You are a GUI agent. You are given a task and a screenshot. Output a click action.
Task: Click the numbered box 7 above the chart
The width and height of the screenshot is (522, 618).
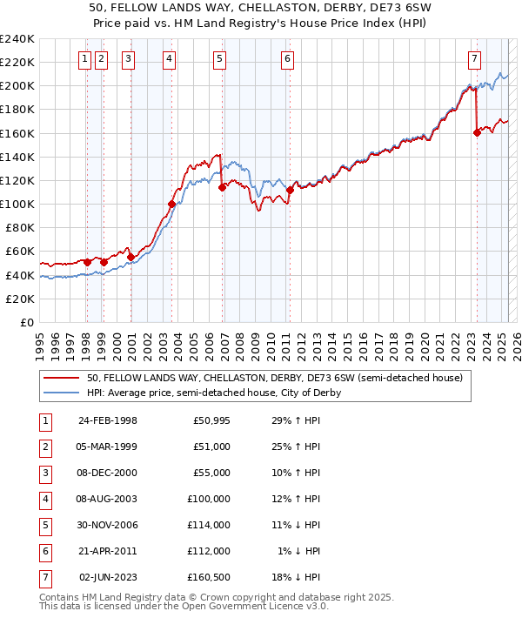click(x=474, y=59)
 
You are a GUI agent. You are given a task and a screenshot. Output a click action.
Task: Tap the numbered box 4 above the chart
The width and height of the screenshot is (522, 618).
click(x=168, y=59)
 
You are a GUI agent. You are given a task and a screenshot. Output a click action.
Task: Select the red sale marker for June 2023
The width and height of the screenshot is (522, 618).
click(x=477, y=132)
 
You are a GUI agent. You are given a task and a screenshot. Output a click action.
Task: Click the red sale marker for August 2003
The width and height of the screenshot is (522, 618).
click(x=171, y=204)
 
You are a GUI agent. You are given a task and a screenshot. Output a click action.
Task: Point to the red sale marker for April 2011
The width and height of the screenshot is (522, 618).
click(x=290, y=190)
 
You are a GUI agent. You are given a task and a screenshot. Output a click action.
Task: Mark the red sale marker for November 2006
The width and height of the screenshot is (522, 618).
click(x=223, y=187)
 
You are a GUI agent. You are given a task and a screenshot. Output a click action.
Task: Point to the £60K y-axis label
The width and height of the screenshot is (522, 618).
click(x=19, y=252)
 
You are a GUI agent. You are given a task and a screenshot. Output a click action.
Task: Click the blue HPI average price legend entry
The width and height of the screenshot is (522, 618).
click(x=213, y=393)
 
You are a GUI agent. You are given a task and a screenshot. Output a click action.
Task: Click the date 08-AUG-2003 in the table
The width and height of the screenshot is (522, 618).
click(x=108, y=500)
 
